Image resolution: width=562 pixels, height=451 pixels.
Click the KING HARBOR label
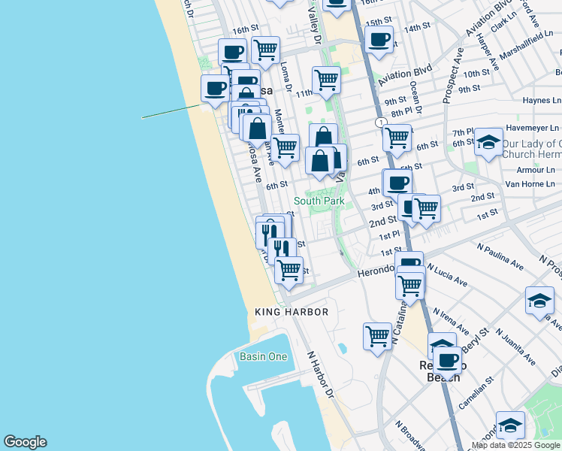coord(292,312)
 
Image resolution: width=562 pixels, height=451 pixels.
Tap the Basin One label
coord(263,356)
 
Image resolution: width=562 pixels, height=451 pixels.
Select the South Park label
coord(319,201)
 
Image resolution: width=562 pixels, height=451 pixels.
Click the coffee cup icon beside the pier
coord(215,89)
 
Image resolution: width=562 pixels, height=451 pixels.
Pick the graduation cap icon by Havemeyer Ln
coord(488,142)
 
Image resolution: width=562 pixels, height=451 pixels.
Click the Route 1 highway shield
coord(382,123)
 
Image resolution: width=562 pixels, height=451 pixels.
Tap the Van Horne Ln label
coord(529,183)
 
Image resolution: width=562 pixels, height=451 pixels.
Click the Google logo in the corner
coord(25,442)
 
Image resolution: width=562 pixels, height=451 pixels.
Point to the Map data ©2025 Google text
coord(515,445)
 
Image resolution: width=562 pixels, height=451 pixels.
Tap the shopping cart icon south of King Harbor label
coord(376,335)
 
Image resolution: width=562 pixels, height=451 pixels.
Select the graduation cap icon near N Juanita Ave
coord(539,301)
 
